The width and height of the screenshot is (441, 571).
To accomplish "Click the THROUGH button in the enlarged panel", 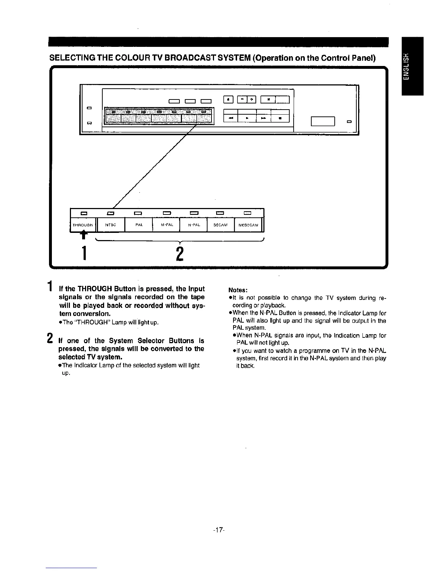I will click(83, 225).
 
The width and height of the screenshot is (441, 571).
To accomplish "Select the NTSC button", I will click(111, 225).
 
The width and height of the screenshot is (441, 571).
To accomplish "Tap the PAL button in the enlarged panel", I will click(139, 225).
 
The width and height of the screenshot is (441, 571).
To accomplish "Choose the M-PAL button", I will click(166, 225).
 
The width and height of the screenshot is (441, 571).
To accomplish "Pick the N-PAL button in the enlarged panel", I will click(193, 225).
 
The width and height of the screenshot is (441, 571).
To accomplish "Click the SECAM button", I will click(220, 225).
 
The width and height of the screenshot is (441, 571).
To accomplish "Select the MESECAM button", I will click(248, 225).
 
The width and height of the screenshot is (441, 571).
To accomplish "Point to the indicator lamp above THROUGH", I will click(83, 213).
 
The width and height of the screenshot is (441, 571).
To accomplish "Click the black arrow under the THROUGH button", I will click(83, 235).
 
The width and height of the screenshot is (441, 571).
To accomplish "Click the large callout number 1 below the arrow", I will click(84, 253).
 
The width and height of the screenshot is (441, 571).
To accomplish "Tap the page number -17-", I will click(219, 530).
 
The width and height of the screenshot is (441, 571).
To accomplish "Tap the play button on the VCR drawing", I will click(247, 118).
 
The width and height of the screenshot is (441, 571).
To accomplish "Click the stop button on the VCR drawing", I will click(280, 118).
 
